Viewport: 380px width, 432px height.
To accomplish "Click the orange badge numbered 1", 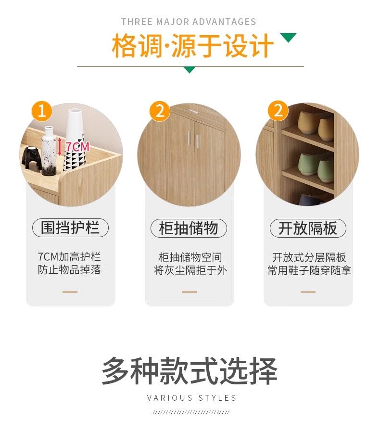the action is [42, 111].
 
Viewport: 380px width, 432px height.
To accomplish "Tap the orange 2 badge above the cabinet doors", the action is [160, 111].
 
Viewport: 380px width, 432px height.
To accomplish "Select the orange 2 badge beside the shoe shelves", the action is [278, 111].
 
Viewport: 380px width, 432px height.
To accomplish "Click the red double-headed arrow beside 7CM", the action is [60, 146].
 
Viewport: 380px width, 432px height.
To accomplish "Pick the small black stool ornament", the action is [31, 158].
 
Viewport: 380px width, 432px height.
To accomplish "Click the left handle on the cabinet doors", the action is [189, 138].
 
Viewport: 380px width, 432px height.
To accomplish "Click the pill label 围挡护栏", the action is [71, 228].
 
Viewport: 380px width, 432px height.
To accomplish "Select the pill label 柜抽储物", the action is [189, 228].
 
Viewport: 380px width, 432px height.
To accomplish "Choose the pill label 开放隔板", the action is [308, 228].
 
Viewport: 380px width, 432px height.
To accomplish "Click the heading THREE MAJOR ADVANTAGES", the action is [189, 22].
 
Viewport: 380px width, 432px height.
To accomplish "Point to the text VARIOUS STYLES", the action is [192, 398].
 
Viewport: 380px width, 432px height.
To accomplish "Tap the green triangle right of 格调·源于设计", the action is [288, 38].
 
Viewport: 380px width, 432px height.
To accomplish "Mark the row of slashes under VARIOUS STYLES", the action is [191, 412].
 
